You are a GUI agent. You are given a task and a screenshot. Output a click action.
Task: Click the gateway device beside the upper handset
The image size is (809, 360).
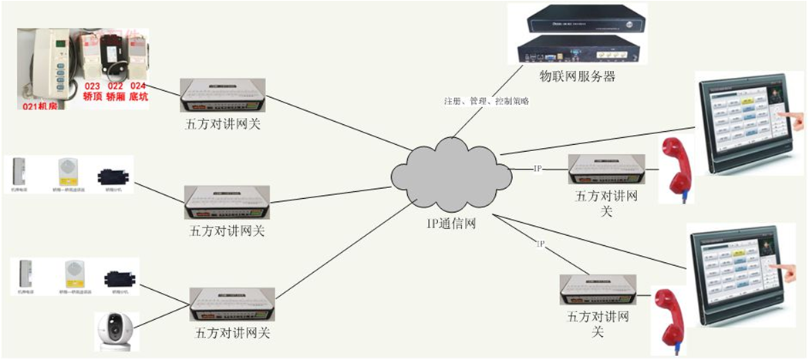(602, 170)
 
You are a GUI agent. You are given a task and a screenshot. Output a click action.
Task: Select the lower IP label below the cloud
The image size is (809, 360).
(541, 244)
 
